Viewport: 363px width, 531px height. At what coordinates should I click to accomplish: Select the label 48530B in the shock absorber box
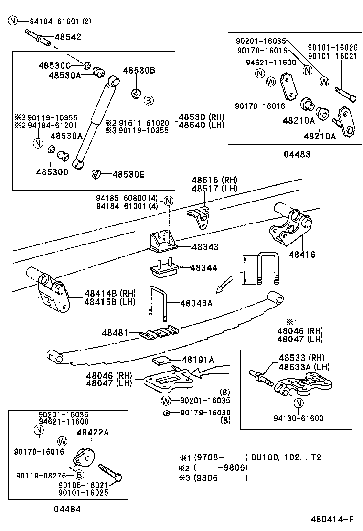click(x=139, y=70)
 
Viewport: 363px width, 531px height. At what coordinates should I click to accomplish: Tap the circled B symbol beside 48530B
click(x=149, y=100)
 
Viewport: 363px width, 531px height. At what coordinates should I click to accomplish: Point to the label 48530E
click(x=128, y=174)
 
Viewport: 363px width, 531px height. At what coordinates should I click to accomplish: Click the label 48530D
click(x=52, y=172)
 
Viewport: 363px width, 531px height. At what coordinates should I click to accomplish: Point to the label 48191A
click(x=198, y=360)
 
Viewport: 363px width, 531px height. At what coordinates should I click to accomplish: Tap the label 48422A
click(x=93, y=433)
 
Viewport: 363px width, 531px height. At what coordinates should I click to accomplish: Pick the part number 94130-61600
click(x=299, y=419)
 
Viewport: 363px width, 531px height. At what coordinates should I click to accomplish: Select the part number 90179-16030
click(x=205, y=413)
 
